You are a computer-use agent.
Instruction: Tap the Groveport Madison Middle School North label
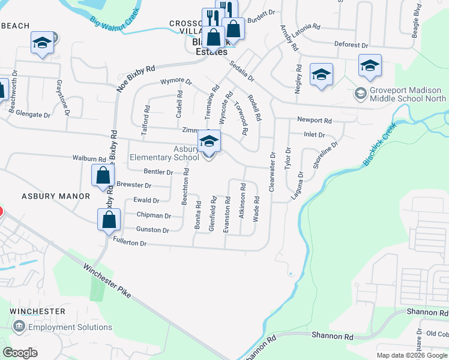(408, 94)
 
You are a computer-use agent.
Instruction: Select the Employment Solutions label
(70, 327)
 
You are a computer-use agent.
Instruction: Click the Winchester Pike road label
(107, 282)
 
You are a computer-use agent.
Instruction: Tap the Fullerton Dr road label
(130, 242)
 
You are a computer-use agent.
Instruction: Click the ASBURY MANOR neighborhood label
(55, 196)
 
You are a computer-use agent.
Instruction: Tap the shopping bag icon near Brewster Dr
(103, 175)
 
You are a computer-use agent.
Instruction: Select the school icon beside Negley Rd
(321, 74)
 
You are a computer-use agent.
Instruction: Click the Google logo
(20, 353)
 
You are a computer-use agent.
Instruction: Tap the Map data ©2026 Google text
(411, 355)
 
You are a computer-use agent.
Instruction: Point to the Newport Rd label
(318, 120)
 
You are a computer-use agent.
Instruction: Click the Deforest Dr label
(351, 45)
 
